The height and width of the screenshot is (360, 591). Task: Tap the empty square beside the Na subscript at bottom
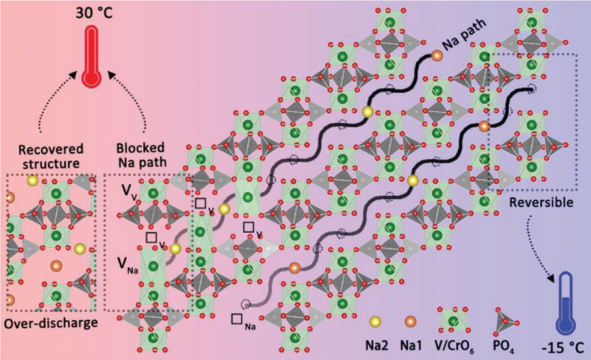click(237, 319)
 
